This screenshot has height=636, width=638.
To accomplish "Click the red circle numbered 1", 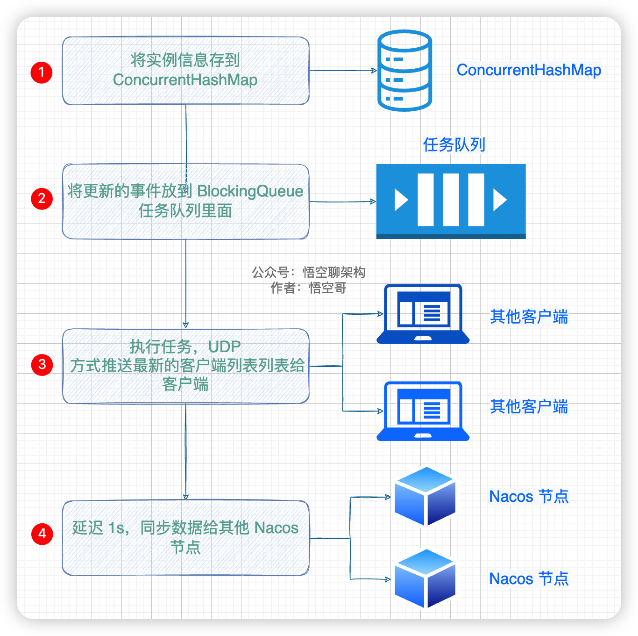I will pos(42,72).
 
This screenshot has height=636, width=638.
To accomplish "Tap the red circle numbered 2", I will pos(42,199).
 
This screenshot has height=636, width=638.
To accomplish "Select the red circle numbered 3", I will pos(42,365).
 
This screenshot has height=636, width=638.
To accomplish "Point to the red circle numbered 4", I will pos(42,534).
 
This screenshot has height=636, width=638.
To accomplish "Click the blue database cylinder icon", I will pos(404,71).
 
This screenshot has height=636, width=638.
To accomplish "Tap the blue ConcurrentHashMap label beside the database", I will pos(529,70).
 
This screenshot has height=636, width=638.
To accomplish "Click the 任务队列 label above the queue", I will pos(454,145).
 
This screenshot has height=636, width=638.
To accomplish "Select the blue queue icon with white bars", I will pos(451,201).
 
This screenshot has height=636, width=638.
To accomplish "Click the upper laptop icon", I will pos(423,314).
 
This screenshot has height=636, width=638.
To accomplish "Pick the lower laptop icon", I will pos(423,411).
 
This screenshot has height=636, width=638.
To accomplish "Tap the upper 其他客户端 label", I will pos(529,317).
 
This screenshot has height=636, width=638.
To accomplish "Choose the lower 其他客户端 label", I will pos(529,407).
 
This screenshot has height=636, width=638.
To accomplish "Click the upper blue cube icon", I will pos(425,496).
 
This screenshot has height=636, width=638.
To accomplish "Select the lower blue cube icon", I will pos(425,578).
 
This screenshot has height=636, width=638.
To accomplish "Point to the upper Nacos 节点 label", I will pos(529,497).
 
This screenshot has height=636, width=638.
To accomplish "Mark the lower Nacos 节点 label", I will pos(529,579).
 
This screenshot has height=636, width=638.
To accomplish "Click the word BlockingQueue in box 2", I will pos(250,191).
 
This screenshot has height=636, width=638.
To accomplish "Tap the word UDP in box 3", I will pos(225,347).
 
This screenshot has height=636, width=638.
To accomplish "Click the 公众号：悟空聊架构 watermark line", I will pos(308,272).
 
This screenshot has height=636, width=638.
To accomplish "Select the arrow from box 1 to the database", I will pos(343,71).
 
